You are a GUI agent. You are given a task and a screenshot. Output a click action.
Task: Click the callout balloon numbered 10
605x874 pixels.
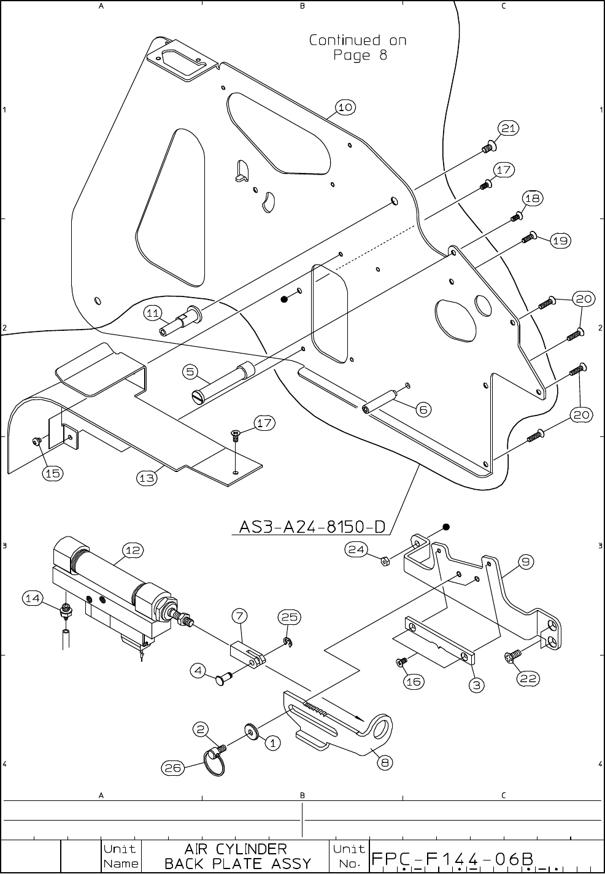coord(345,107)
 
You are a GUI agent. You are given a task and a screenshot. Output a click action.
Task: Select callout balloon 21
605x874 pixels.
coord(507,128)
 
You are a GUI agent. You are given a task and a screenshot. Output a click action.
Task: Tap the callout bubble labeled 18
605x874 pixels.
coord(532,198)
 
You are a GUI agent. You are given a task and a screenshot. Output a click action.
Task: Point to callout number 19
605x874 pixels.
coord(560,241)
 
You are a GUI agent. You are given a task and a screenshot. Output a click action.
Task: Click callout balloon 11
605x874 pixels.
coord(154,313)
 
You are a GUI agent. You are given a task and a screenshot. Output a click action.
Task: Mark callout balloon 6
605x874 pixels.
coord(423,409)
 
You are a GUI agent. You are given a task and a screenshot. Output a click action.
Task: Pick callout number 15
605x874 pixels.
coord(53,473)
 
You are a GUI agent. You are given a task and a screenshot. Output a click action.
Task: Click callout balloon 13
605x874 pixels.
coord(147,478)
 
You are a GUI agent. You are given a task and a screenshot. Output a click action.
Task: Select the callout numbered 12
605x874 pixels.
coord(133,550)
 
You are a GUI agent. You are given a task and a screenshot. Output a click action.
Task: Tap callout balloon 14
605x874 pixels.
coord(34,597)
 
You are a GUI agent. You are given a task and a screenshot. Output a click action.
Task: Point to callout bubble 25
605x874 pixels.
coord(290,617)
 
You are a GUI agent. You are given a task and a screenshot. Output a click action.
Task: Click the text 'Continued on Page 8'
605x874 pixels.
coord(357,48)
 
